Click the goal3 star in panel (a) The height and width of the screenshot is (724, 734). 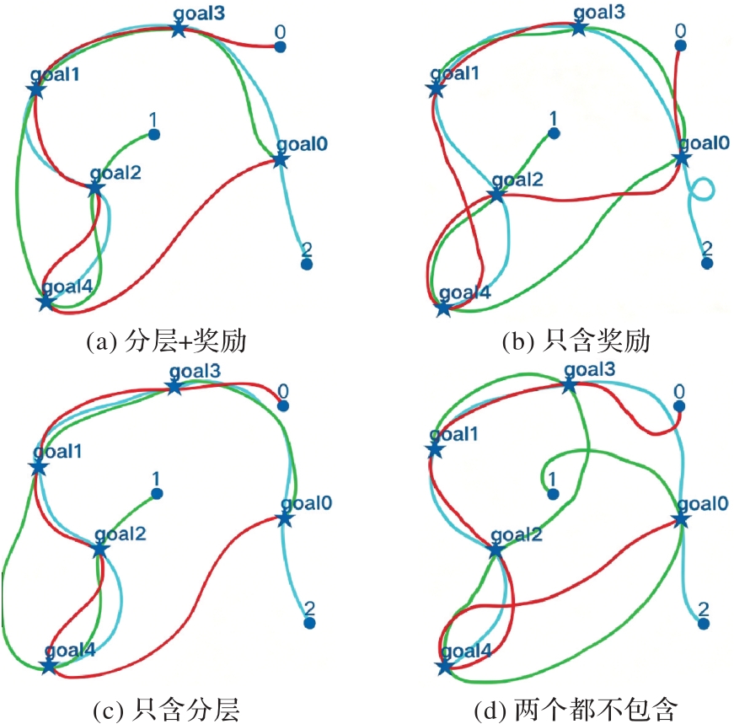pos(179,29)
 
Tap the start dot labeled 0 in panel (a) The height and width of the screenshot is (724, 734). pos(280,47)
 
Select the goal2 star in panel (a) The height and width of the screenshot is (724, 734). pos(95,189)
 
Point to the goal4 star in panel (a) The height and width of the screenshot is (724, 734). pos(46,302)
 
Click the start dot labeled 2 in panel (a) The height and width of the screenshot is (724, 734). pos(307,264)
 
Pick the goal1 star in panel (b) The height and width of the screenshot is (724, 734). pos(436,88)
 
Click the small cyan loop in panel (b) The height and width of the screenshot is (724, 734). pos(702,190)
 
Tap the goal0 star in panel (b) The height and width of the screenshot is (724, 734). pos(682,158)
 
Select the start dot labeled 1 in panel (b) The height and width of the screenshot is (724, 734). pos(554,134)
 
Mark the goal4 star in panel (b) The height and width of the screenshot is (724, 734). pos(443,308)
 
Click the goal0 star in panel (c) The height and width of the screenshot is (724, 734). pos(285,519)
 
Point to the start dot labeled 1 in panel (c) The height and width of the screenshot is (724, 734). pos(157,494)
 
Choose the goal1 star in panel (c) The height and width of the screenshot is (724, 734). pos(39,467)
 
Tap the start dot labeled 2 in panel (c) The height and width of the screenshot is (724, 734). pos(309,624)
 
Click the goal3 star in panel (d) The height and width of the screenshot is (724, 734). pos(569,386)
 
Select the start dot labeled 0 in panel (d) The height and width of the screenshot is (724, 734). pos(679,406)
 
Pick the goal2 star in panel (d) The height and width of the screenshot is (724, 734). pos(496,550)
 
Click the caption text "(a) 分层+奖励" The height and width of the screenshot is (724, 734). pos(167,341)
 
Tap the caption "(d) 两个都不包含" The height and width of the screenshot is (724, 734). pos(576,710)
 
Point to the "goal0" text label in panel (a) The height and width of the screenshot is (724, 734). pos(302,144)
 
